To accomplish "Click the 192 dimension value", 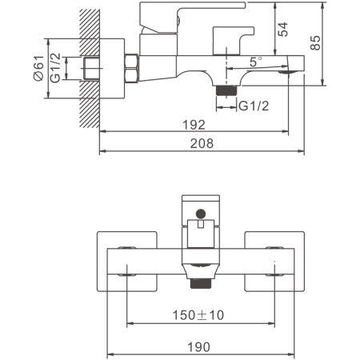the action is click(x=194, y=125).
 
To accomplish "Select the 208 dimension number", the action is click(x=202, y=143).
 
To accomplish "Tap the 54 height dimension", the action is click(x=283, y=29).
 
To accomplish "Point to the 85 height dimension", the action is click(x=315, y=42).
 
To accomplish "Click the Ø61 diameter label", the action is click(x=38, y=68).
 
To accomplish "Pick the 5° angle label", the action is click(x=256, y=62).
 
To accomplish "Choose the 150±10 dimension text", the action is click(x=198, y=315).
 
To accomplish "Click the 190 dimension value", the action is click(x=199, y=347).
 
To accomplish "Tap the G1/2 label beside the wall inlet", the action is click(x=55, y=68).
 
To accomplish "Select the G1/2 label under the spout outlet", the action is click(x=254, y=106).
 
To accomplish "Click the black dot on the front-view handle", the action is click(x=201, y=214).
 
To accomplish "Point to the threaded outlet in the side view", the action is click(x=226, y=90).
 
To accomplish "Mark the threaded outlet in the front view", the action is click(x=201, y=283).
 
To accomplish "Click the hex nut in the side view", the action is click(x=131, y=68).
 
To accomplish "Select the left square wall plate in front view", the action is click(x=126, y=262).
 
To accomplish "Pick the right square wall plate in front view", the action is click(x=274, y=262).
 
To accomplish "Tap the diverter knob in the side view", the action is click(x=233, y=40).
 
